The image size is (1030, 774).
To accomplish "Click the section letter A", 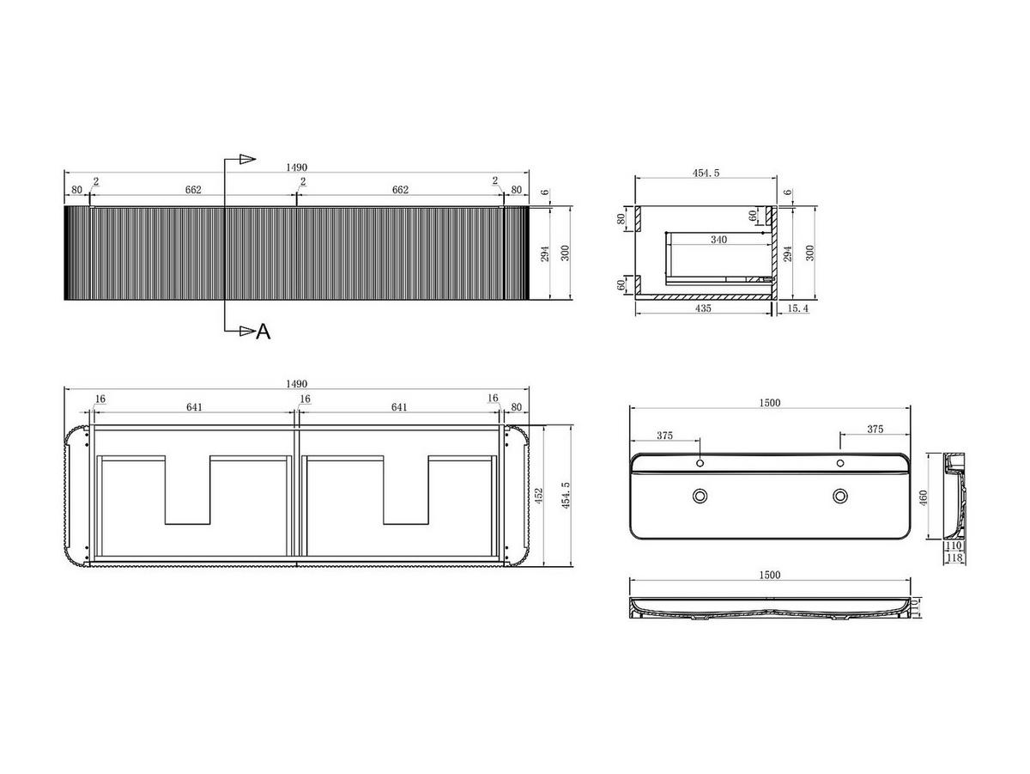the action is click(x=264, y=332).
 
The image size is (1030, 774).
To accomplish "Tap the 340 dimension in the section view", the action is click(x=718, y=240).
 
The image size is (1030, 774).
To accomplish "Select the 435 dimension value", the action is click(x=703, y=308).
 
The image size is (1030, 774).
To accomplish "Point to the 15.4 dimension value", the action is click(x=797, y=308).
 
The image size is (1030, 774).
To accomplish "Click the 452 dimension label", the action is click(x=539, y=496).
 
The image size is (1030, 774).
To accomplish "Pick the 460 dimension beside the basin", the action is click(x=923, y=497).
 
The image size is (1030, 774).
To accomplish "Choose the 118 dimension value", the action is click(x=954, y=558).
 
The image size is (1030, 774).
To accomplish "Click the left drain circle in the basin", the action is click(x=700, y=496).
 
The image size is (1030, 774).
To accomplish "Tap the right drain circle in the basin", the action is click(x=840, y=496).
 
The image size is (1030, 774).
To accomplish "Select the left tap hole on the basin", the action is click(x=700, y=464).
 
